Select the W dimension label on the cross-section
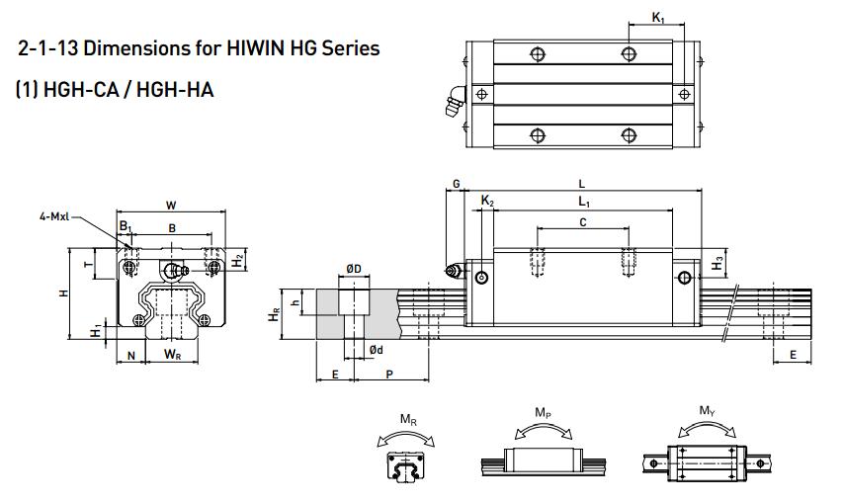click(x=171, y=206)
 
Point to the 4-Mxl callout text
click(x=53, y=215)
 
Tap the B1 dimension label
click(x=126, y=227)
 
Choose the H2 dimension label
click(x=237, y=260)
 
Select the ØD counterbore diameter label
click(x=353, y=269)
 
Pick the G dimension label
click(x=456, y=184)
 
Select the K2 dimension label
click(x=486, y=202)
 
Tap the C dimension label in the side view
click(x=582, y=223)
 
